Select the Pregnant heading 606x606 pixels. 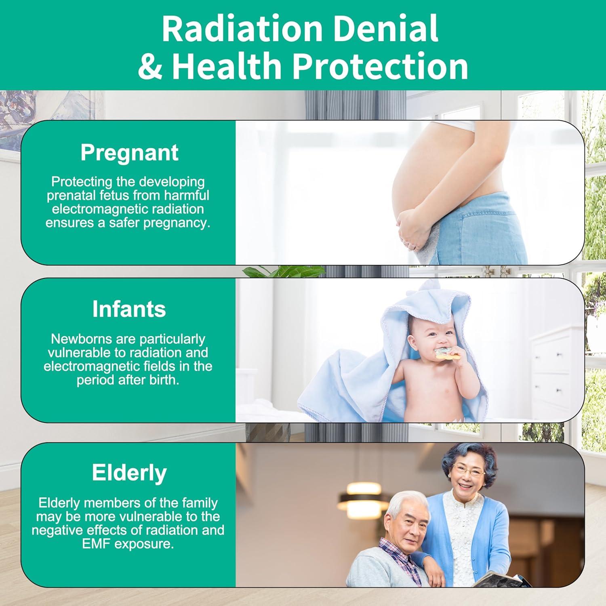click(129, 153)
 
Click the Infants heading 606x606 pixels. click(129, 309)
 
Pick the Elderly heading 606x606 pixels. click(129, 473)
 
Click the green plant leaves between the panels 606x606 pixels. click(283, 271)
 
